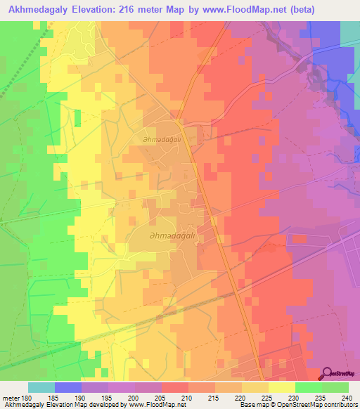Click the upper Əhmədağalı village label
[x=159, y=140]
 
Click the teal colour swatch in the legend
[x=41, y=387]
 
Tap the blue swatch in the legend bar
[x=68, y=387]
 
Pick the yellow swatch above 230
[x=281, y=387]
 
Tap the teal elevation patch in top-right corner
[x=350, y=32]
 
